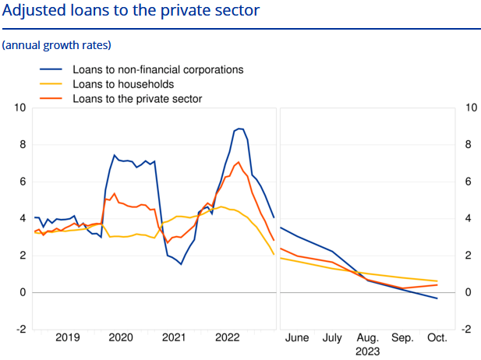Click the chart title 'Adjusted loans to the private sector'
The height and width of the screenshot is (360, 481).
[x=132, y=12]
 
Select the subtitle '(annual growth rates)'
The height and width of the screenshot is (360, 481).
[x=57, y=44]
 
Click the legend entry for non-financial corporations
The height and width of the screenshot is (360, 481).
[x=157, y=69]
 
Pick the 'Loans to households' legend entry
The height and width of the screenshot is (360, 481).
[x=122, y=84]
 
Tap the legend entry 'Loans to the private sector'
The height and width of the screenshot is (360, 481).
[x=137, y=99]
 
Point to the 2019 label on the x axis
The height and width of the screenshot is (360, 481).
[x=68, y=337]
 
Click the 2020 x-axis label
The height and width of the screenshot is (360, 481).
[x=121, y=337]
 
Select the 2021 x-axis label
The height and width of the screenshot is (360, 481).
[x=174, y=337]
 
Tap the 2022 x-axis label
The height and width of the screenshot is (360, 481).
[x=227, y=337]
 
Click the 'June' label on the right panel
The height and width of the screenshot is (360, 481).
[x=297, y=337]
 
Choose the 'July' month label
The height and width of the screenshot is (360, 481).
[x=333, y=337]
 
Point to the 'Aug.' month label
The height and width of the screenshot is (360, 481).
[x=367, y=337]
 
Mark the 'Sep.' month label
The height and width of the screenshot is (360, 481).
[x=402, y=337]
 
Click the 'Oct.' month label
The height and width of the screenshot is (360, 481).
[x=437, y=337]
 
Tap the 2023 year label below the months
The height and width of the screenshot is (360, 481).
[x=367, y=351]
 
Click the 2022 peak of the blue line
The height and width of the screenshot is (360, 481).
[x=240, y=129]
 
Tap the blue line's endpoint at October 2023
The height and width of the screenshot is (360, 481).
[x=437, y=298]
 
